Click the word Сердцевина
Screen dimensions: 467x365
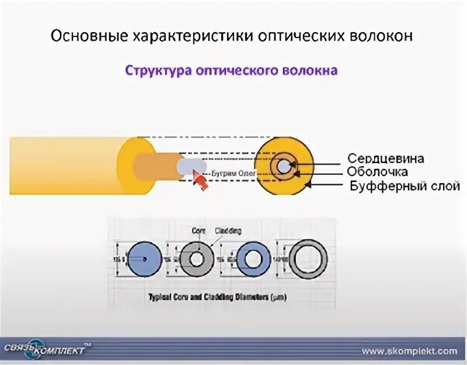click(x=385, y=159)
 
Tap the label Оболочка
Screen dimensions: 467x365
click(x=377, y=172)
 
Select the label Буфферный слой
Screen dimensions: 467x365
click(x=405, y=186)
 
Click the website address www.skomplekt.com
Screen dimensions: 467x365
click(x=409, y=351)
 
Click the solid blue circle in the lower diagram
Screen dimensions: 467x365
click(x=143, y=257)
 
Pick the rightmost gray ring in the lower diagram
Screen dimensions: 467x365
click(x=308, y=258)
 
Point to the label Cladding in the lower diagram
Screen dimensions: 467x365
click(x=228, y=231)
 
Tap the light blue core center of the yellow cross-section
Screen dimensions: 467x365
click(x=284, y=167)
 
